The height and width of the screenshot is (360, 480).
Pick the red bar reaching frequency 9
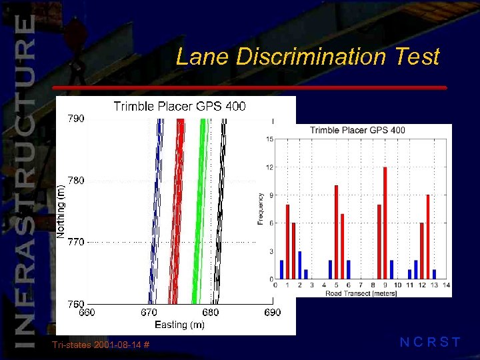[427, 237]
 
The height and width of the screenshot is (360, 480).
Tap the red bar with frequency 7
[342, 246]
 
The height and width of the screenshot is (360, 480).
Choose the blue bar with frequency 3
[300, 265]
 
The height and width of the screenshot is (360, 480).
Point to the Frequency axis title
[261, 208]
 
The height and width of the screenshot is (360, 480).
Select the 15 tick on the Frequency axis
[269, 139]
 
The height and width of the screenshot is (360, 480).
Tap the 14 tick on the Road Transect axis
[446, 285]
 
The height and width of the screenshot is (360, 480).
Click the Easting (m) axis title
[179, 325]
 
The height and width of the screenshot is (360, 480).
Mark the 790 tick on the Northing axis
[76, 119]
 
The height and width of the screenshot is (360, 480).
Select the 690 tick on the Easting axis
[273, 312]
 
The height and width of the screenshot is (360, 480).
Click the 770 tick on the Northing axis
[76, 242]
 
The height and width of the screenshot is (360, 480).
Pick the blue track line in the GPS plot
[155, 213]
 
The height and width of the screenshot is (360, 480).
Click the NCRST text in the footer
[429, 343]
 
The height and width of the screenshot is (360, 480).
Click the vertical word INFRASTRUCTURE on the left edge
[23, 180]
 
